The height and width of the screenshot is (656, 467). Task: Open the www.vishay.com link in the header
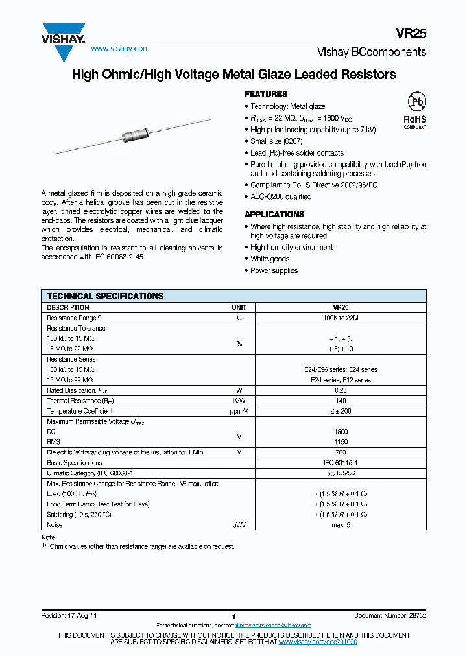pyautogui.click(x=120, y=49)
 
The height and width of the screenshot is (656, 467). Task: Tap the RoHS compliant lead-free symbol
pyautogui.click(x=415, y=110)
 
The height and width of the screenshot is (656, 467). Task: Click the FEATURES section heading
pyautogui.click(x=266, y=94)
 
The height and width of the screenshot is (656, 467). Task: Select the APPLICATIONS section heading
pyautogui.click(x=274, y=214)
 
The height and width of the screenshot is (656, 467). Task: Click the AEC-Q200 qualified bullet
pyautogui.click(x=281, y=196)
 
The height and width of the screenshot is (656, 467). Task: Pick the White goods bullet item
pyautogui.click(x=270, y=259)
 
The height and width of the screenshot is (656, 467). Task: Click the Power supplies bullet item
pyautogui.click(x=274, y=270)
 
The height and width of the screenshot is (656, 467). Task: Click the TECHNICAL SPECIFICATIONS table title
pyautogui.click(x=105, y=296)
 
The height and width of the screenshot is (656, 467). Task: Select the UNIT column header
pyautogui.click(x=239, y=307)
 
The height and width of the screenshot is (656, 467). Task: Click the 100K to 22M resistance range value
pyautogui.click(x=341, y=318)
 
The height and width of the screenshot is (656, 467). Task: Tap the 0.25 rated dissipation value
pyautogui.click(x=341, y=390)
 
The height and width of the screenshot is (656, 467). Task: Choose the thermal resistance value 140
pyautogui.click(x=341, y=401)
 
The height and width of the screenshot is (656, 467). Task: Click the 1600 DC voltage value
pyautogui.click(x=341, y=432)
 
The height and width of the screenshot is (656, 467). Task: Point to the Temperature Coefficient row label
pyautogui.click(x=79, y=411)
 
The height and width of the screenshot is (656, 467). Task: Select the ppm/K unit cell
pyautogui.click(x=239, y=411)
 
